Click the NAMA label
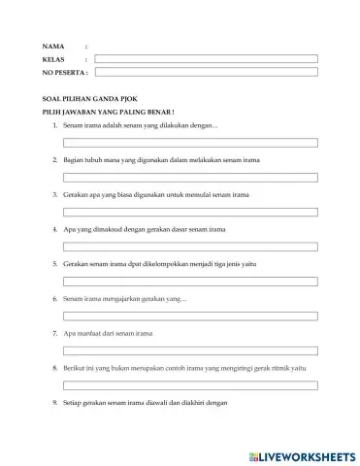[52, 47]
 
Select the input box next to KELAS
[206, 59]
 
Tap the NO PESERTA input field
[206, 71]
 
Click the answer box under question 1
[190, 143]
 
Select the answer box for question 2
[190, 178]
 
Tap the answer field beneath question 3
[190, 212]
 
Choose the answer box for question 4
[190, 247]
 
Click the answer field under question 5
[190, 282]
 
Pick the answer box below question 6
[190, 316]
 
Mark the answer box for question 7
[190, 350]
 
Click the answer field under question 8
[190, 385]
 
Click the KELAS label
[53, 59]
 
